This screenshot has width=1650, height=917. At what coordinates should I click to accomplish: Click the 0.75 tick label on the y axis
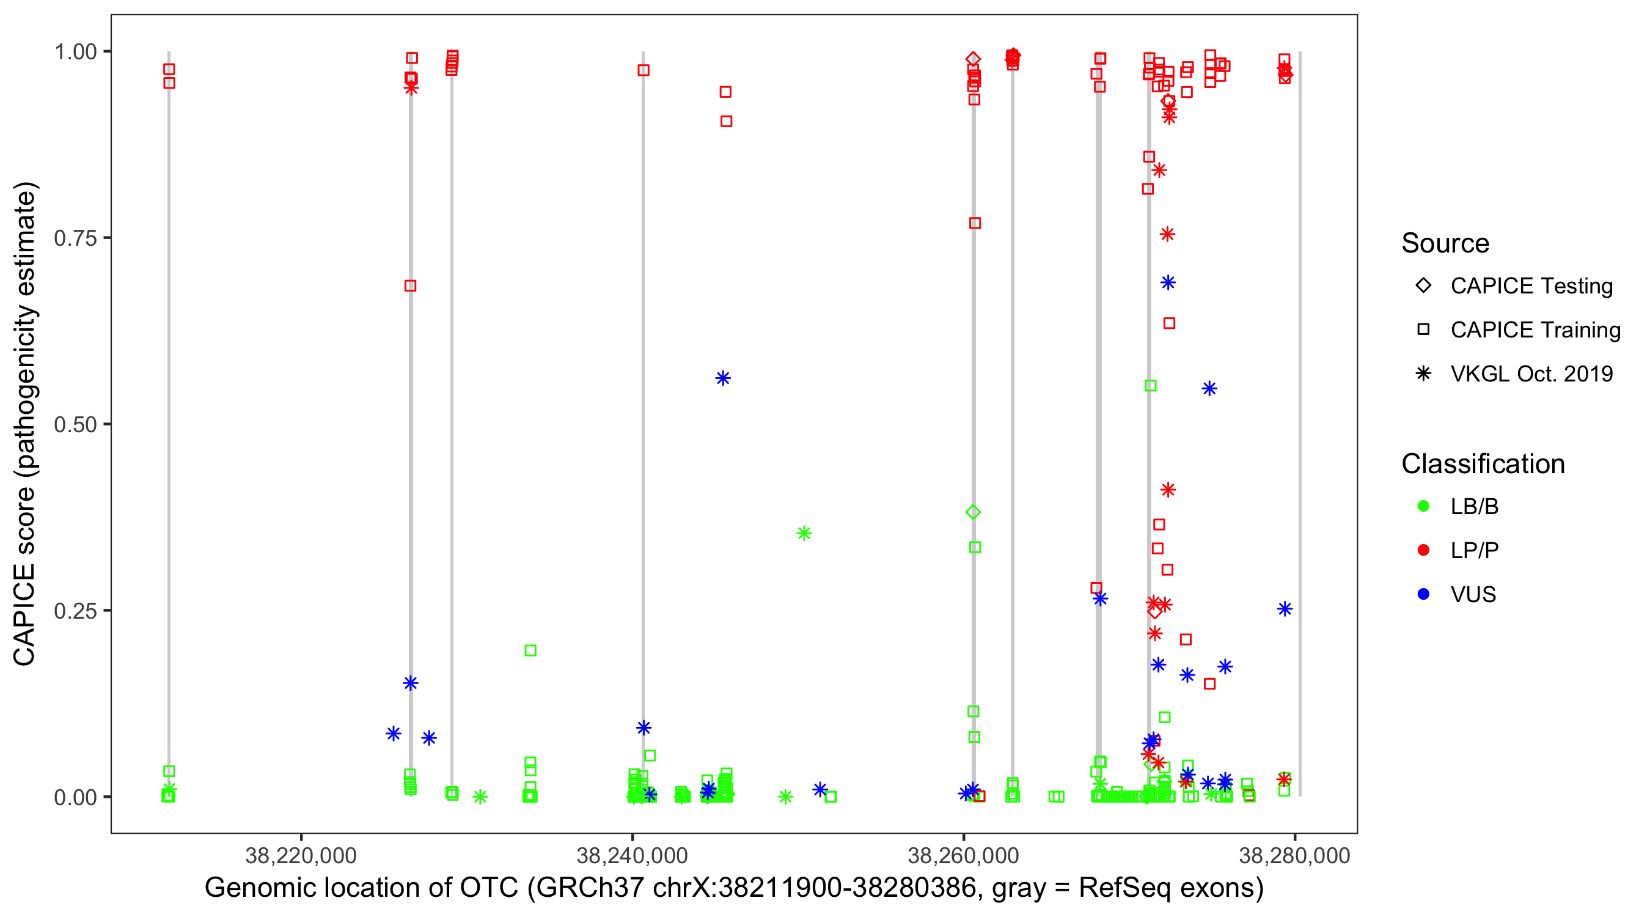75,238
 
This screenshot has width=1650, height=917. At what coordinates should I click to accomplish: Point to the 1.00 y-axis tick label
75,52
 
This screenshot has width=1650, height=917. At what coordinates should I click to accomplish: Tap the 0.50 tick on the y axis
75,424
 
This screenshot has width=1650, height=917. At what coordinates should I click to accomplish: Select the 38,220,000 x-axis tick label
301,855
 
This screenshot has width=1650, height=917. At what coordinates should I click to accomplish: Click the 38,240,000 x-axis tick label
632,855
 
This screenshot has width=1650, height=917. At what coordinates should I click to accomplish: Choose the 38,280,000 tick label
1294,855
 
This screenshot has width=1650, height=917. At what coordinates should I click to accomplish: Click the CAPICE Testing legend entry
1531,286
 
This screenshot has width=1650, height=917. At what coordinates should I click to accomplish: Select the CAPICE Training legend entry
1535,330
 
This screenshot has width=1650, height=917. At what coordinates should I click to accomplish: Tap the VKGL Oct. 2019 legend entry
1531,374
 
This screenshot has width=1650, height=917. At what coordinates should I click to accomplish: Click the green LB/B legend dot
1423,506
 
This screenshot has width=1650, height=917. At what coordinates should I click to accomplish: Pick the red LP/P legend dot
1423,550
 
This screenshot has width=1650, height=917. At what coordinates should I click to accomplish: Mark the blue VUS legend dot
1423,595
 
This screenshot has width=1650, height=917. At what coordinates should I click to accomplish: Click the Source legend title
1445,243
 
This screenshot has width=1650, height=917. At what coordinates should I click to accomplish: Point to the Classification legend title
1483,464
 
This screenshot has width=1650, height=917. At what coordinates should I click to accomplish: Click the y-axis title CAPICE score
26,424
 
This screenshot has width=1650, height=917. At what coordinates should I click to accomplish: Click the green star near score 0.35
804,533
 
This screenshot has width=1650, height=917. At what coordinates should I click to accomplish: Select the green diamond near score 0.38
973,512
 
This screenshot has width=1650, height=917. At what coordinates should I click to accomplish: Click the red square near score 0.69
411,286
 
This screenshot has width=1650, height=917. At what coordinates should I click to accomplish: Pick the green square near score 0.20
530,650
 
